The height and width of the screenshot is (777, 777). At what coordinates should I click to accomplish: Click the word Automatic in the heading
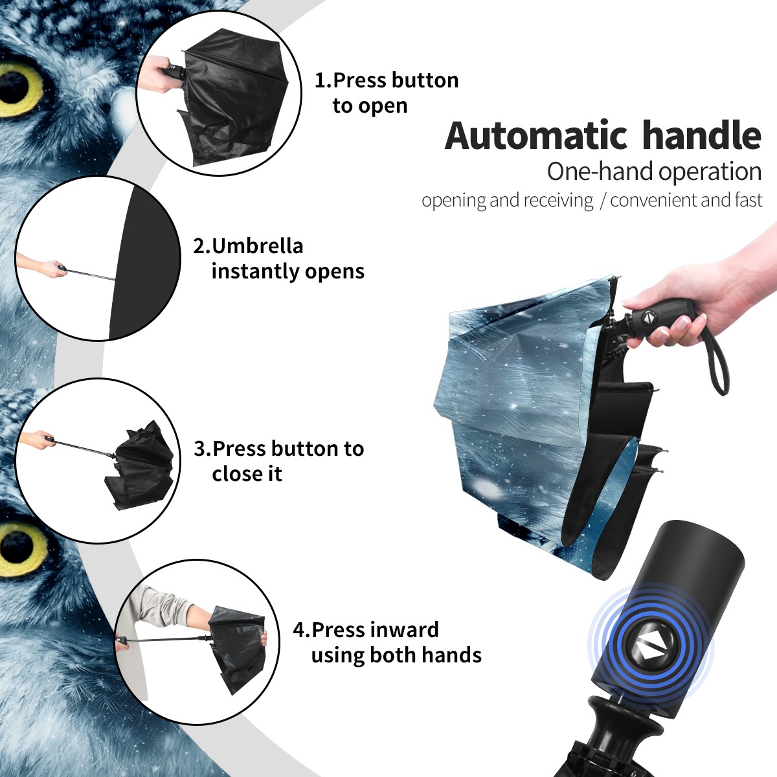coord(536,135)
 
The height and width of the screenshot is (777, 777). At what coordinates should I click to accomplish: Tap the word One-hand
coord(600,172)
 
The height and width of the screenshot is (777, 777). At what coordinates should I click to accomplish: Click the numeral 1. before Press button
coord(322,81)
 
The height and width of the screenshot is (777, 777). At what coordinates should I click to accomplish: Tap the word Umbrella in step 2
coord(257,246)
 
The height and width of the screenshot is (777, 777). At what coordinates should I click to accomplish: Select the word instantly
coord(256,271)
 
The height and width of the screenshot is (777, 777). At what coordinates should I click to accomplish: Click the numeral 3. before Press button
coord(203,449)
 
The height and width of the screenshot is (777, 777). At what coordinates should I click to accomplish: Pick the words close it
coord(247,474)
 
